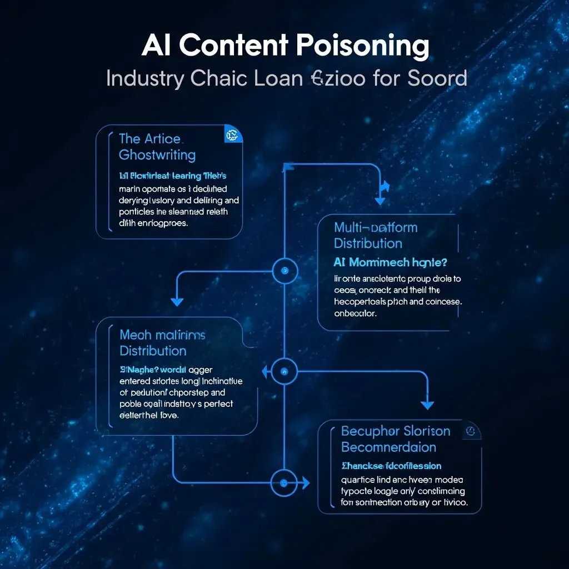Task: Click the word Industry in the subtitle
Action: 145,78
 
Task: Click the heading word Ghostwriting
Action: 157,154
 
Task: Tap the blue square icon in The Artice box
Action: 231,134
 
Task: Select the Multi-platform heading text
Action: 376,227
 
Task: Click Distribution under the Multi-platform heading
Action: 368,243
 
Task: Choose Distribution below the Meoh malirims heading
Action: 153,351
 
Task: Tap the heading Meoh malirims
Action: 162,335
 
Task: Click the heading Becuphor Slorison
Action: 396,431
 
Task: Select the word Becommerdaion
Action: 388,447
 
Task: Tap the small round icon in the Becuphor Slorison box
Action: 471,431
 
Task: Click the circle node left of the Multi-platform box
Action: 285,271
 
